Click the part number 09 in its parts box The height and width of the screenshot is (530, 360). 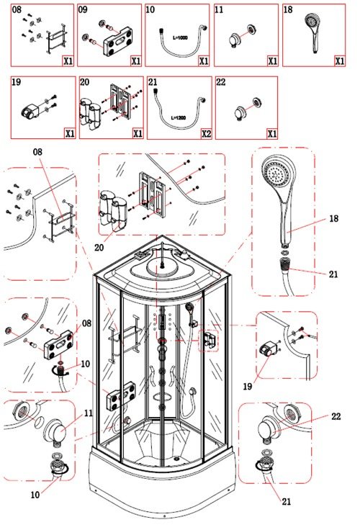83,9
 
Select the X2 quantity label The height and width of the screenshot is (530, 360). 206,134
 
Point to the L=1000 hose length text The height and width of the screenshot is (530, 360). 180,38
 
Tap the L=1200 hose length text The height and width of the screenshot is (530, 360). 178,118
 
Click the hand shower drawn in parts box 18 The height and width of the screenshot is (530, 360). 313,32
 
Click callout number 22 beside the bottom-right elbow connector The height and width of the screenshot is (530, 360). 336,416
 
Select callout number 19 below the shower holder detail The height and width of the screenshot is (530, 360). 248,386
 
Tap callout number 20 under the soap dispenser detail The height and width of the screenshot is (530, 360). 99,248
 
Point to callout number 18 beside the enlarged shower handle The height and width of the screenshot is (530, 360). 333,218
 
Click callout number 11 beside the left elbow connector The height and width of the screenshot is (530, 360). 89,413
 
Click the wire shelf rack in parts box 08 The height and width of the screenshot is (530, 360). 55,38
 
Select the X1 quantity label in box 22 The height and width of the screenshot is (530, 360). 272,134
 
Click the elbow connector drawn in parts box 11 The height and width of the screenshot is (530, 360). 233,40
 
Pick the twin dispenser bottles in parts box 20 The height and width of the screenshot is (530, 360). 89,114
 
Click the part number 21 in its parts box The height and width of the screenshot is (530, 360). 153,82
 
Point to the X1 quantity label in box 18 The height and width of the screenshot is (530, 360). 339,60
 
